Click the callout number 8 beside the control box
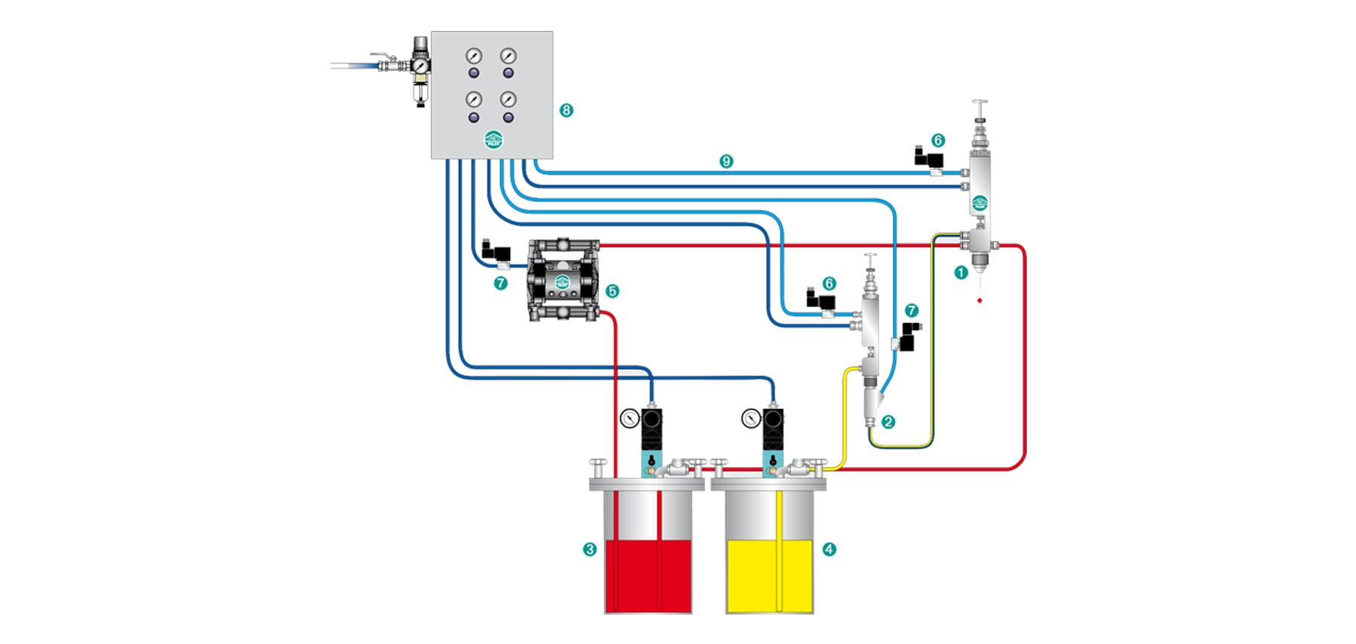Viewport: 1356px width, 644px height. (567, 111)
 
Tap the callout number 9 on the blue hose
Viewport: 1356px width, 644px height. (726, 161)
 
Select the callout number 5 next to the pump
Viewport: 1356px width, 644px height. (612, 291)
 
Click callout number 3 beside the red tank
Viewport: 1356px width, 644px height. (590, 549)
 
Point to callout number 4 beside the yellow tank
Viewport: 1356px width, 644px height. (829, 549)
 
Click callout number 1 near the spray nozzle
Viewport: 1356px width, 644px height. (960, 273)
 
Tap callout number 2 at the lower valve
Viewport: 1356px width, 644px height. (888, 422)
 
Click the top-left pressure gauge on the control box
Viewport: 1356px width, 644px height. (474, 56)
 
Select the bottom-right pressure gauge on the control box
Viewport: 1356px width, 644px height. (508, 99)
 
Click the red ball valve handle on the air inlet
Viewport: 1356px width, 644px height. (383, 55)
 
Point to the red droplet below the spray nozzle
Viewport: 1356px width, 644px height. (979, 301)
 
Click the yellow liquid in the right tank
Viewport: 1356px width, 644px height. (769, 576)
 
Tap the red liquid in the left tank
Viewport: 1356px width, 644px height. (648, 576)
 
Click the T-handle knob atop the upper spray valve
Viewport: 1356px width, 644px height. (979, 103)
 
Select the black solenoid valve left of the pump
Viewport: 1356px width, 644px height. (497, 250)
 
